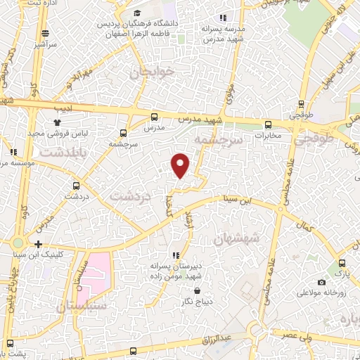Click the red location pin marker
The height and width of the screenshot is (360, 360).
click(181, 165)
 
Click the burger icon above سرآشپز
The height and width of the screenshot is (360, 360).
click(46, 32)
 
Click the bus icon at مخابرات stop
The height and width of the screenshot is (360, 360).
click(268, 124)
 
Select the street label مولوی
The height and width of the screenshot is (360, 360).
click(229, 92)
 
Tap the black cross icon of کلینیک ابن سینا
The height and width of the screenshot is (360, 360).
click(37, 244)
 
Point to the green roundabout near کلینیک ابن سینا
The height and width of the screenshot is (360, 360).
click(17, 243)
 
